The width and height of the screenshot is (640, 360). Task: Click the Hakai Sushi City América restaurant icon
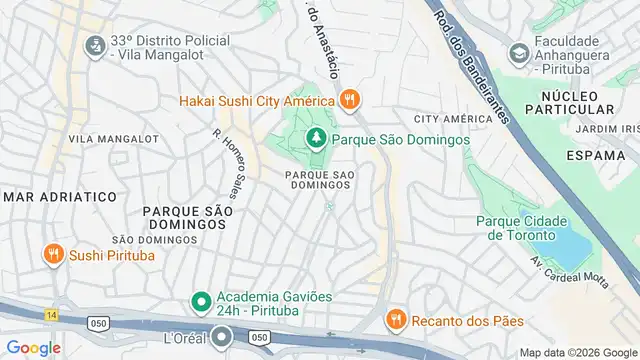tap(348, 99)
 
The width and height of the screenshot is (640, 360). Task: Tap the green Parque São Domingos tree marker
tap(316, 139)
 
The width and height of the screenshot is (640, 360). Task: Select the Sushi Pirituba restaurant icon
tap(53, 254)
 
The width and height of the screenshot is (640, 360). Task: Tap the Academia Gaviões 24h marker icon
tap(200, 301)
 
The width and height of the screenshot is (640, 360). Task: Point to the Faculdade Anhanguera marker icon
tap(518, 51)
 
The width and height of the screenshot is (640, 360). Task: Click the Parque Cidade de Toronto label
tap(521, 228)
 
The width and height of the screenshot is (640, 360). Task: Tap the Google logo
tap(33, 347)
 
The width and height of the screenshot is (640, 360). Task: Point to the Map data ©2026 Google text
tap(577, 352)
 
